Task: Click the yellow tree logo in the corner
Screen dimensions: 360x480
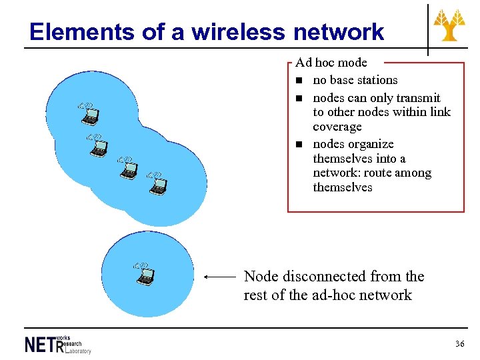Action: tap(450, 26)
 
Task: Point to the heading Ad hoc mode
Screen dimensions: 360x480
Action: tap(331, 63)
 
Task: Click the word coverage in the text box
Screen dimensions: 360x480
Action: tap(337, 127)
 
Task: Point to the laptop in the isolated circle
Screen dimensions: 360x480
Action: tap(144, 274)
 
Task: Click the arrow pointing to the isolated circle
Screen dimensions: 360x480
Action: tap(219, 276)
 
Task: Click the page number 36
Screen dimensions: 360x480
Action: tap(459, 344)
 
